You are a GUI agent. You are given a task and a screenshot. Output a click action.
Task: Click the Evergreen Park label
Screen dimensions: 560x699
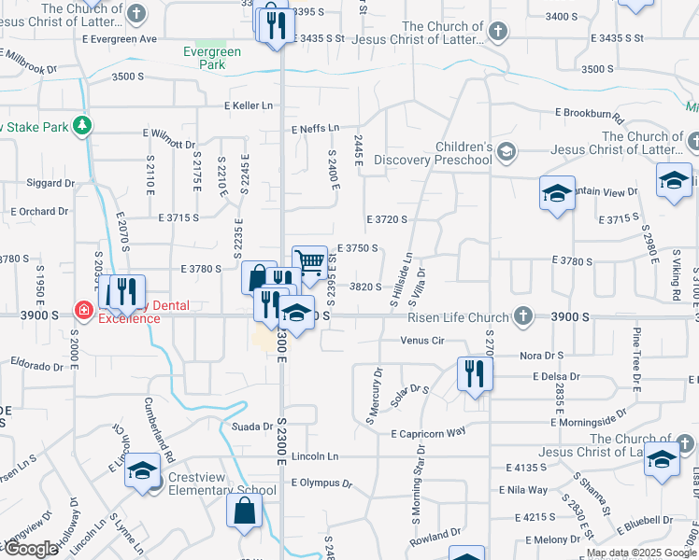(205, 58)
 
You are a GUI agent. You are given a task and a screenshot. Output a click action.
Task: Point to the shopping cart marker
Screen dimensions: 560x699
(309, 261)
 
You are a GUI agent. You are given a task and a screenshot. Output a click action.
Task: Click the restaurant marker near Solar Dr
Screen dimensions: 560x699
(475, 374)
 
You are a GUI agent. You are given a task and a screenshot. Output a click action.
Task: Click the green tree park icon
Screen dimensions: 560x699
(83, 124)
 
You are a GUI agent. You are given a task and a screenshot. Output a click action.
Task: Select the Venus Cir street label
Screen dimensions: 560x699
(421, 340)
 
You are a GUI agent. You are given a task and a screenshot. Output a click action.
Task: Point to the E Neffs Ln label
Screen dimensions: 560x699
(315, 128)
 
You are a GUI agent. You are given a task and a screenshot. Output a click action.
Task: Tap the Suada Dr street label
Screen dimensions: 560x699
(250, 427)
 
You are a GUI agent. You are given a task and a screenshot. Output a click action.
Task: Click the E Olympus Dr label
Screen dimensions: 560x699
(321, 483)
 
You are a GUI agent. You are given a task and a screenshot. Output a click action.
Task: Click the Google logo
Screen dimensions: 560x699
(31, 549)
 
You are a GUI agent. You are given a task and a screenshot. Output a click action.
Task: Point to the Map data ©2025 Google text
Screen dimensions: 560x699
(641, 553)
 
